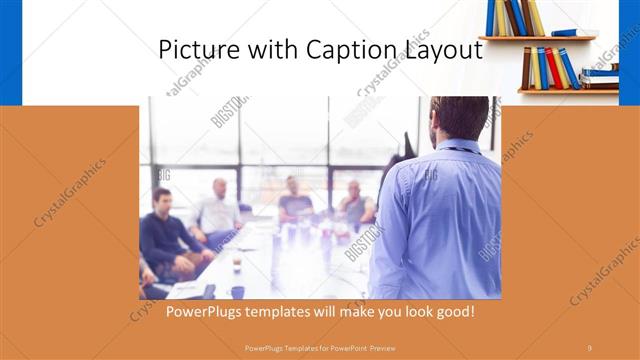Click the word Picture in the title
(x=198, y=50)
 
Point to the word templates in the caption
(x=290, y=312)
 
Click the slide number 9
(x=589, y=347)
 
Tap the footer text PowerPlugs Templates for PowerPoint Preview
(x=319, y=347)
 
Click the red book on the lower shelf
(x=552, y=68)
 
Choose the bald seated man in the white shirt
(x=217, y=210)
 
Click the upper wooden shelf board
(x=536, y=39)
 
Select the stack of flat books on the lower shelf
(x=601, y=74)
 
